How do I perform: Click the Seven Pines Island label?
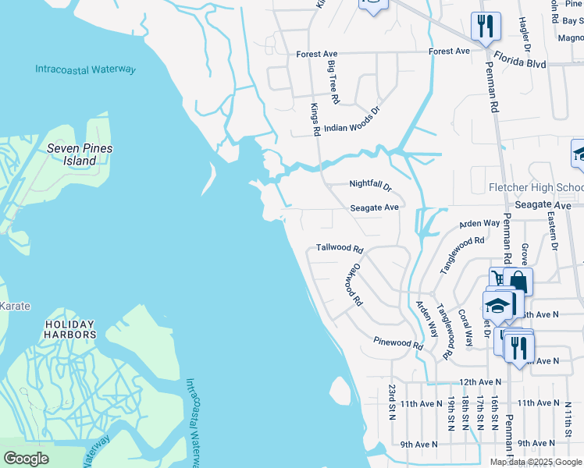tap(80, 154)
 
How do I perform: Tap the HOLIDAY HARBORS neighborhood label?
tap(69, 329)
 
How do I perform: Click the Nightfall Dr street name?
tap(370, 186)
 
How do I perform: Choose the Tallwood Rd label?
tap(340, 249)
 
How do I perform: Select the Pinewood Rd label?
tap(397, 342)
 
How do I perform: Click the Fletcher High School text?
tap(536, 188)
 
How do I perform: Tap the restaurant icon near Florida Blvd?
tap(486, 27)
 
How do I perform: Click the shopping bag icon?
tap(518, 282)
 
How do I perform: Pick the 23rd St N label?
tap(393, 402)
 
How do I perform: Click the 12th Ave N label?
tap(479, 382)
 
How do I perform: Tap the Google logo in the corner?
tap(26, 459)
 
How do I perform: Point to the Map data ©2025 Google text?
tap(535, 462)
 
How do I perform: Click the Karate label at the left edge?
tap(15, 306)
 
